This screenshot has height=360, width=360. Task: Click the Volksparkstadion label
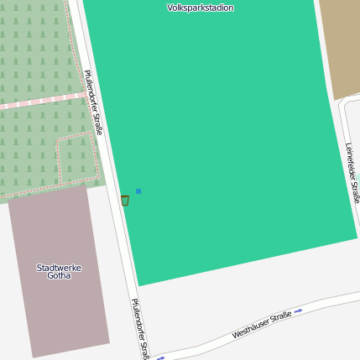tap(200, 8)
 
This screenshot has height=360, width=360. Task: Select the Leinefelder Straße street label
tap(352, 172)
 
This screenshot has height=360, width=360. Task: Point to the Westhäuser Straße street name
tap(262, 325)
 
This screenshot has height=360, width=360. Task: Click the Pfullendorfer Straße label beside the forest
tap(93, 102)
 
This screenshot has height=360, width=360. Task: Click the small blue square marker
tap(138, 191)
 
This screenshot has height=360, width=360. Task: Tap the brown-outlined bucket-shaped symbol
tap(125, 201)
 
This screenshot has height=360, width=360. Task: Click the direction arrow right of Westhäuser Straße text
tap(298, 310)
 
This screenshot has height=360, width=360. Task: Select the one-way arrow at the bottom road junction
tap(161, 357)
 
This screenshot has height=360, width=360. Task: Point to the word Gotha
tap(59, 275)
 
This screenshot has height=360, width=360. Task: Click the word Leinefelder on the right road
tap(350, 160)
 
